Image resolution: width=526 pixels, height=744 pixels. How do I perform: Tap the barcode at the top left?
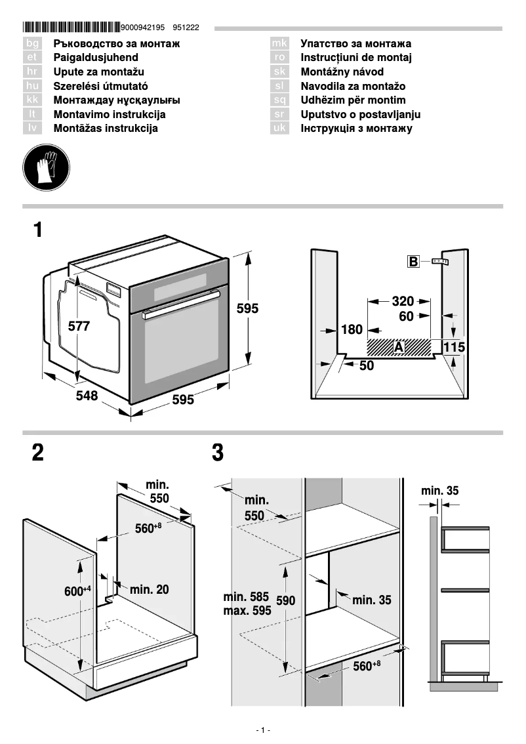point(71,28)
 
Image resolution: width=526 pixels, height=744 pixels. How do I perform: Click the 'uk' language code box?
point(279,129)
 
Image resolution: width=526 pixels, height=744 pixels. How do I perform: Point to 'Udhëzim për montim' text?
point(353,100)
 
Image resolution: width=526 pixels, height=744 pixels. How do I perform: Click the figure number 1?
point(39,230)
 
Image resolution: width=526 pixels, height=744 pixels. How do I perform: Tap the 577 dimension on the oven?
point(79,326)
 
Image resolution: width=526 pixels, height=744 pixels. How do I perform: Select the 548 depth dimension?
point(86,396)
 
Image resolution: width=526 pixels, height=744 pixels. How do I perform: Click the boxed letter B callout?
point(413,262)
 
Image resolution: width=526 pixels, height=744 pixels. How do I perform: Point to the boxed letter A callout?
point(399,346)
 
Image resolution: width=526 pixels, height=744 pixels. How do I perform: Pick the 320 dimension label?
point(403,301)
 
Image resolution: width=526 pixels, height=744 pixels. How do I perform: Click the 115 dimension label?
point(453,346)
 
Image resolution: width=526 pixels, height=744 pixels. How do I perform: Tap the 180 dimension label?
point(352,329)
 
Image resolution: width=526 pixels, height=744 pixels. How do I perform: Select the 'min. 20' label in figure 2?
point(149,590)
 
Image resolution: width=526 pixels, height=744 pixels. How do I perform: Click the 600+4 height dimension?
point(77,591)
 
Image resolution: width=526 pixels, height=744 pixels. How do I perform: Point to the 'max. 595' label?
point(247,610)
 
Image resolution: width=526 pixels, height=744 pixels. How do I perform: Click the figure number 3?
point(218,453)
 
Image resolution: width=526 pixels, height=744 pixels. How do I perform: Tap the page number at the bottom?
point(262,730)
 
